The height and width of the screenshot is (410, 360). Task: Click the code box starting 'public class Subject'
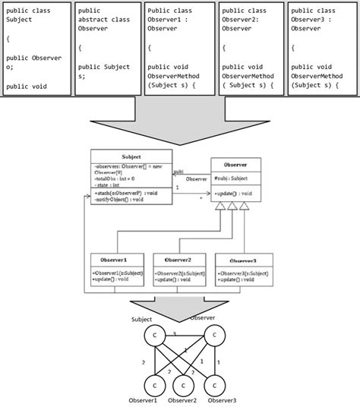point(36,49)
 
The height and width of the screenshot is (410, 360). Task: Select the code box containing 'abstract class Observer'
point(107,49)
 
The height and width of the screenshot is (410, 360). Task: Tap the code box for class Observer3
point(322,49)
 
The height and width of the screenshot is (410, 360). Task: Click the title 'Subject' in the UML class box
point(131,156)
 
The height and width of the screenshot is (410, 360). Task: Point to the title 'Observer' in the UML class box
point(235,164)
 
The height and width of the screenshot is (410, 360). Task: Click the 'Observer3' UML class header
point(241,260)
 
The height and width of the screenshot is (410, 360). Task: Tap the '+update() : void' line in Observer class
point(234,194)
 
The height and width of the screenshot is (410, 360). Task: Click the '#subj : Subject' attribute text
point(232,178)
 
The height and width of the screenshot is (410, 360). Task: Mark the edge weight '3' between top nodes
point(175,333)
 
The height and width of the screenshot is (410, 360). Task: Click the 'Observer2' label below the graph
point(183,401)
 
